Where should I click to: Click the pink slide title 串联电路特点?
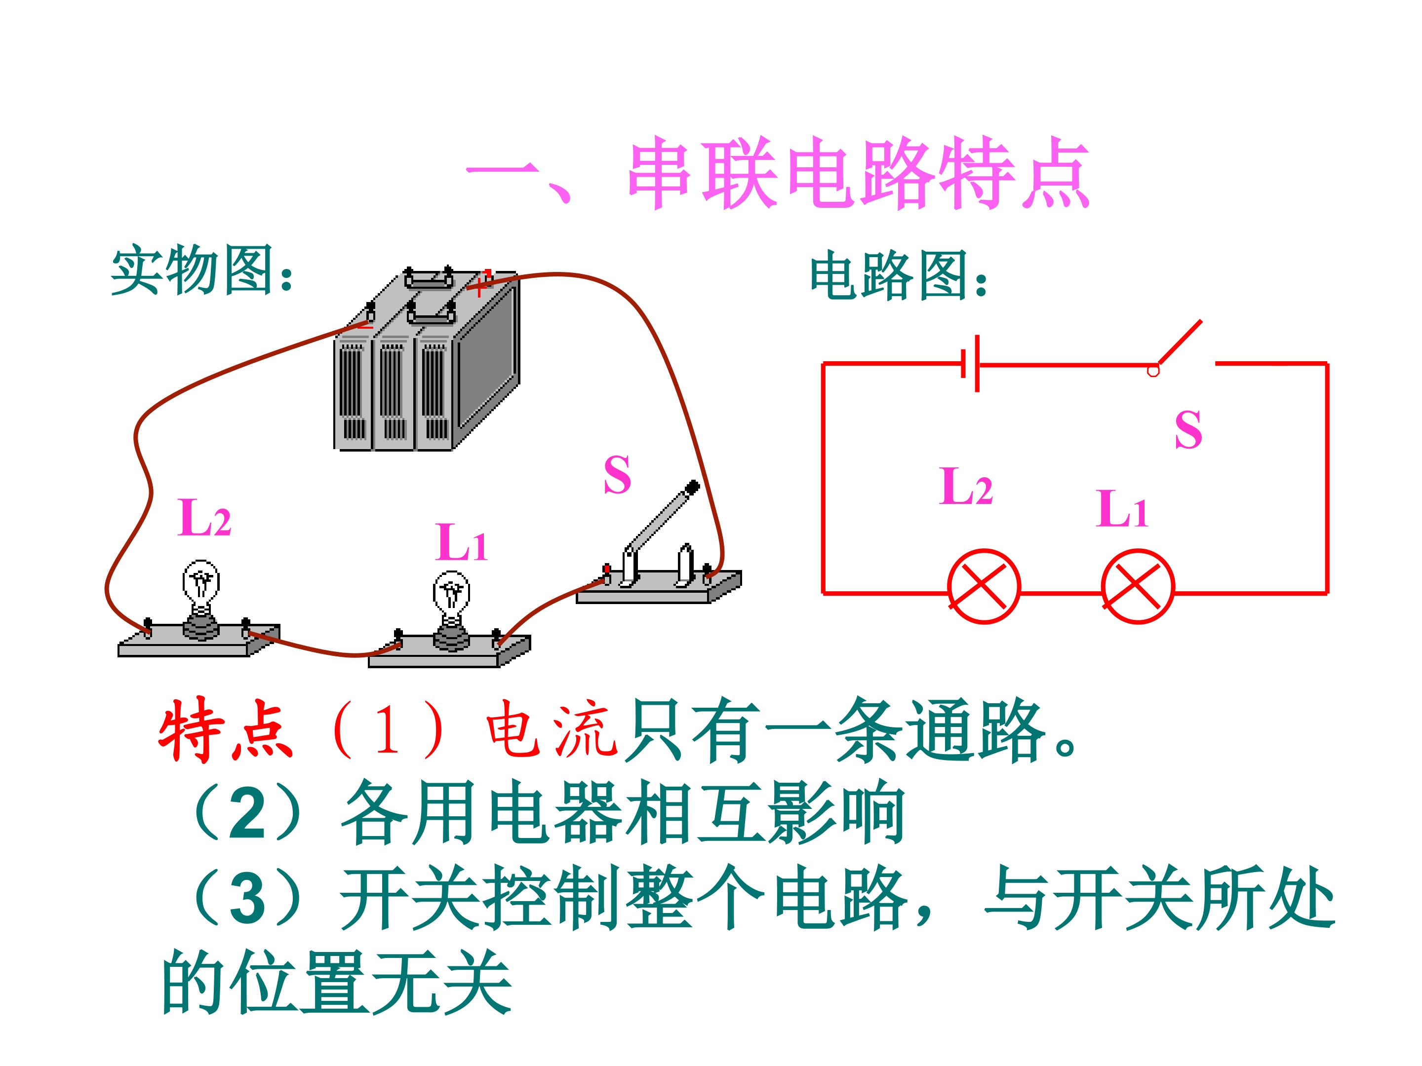coord(859,173)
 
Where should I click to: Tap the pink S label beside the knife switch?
coord(617,475)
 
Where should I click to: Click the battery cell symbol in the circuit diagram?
coord(970,364)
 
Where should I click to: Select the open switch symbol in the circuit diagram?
coord(1177,347)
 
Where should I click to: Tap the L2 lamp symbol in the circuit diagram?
coord(984,586)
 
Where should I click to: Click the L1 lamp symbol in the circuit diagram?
coord(1138,586)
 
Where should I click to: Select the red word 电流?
coord(552,729)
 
